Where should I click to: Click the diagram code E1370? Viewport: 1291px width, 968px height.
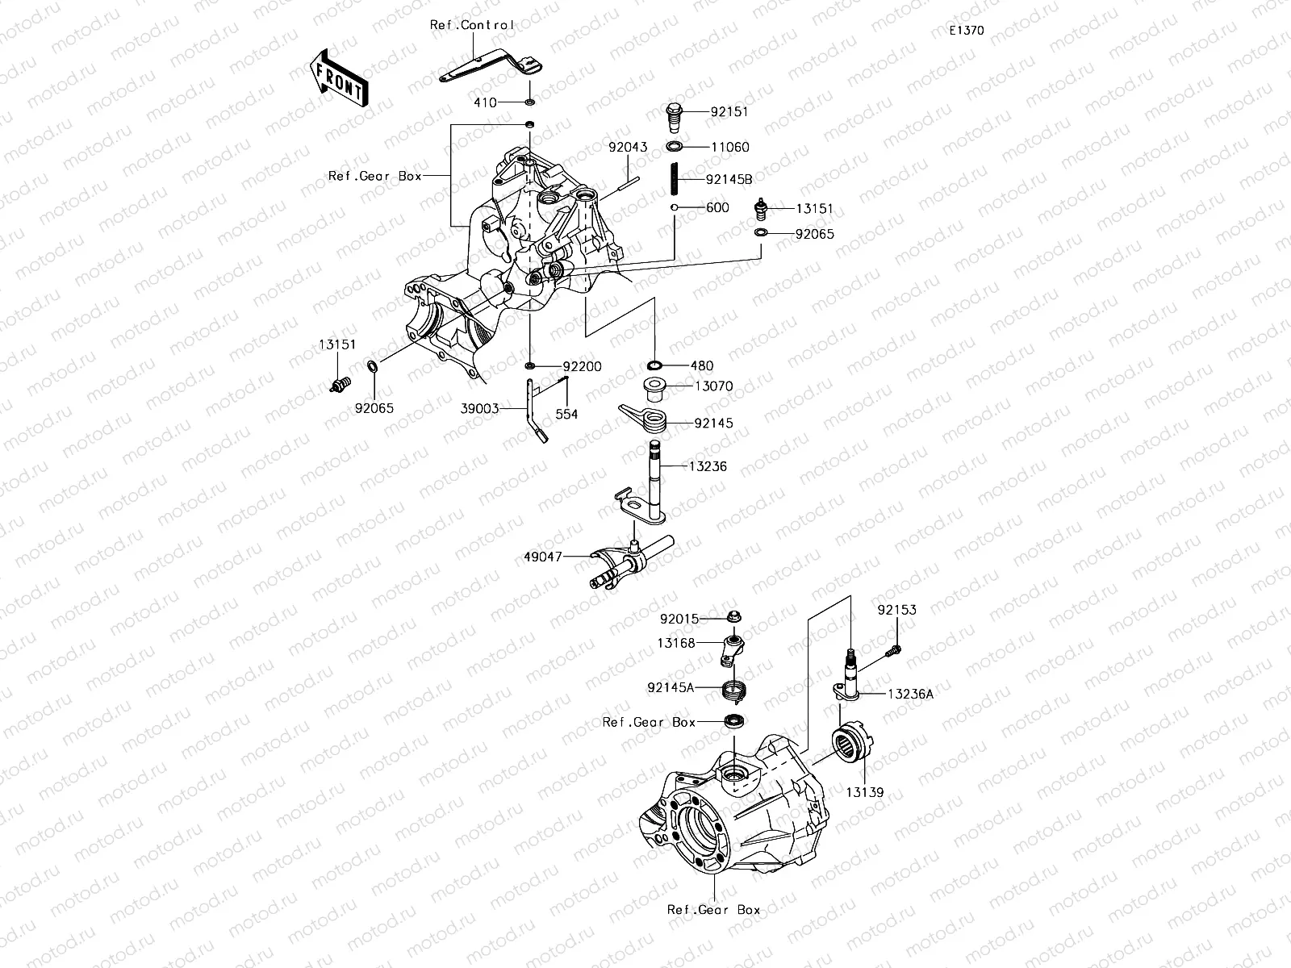click(x=966, y=31)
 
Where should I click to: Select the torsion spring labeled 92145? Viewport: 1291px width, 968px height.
click(x=646, y=417)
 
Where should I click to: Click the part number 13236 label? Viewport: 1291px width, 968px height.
click(x=708, y=466)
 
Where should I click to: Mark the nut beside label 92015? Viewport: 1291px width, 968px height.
click(x=734, y=618)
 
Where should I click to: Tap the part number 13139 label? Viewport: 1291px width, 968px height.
click(x=864, y=793)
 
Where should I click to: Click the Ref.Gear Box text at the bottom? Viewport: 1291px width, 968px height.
click(x=713, y=909)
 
